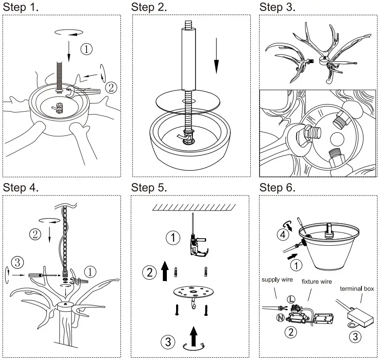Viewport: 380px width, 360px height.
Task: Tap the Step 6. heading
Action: [277, 187]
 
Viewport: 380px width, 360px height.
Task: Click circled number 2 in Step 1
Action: [111, 87]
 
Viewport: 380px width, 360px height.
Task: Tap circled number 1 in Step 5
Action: [173, 238]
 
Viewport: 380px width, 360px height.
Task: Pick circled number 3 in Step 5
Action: [167, 341]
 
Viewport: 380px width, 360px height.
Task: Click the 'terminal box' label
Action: [357, 289]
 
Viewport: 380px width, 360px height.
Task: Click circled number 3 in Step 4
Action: [17, 262]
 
